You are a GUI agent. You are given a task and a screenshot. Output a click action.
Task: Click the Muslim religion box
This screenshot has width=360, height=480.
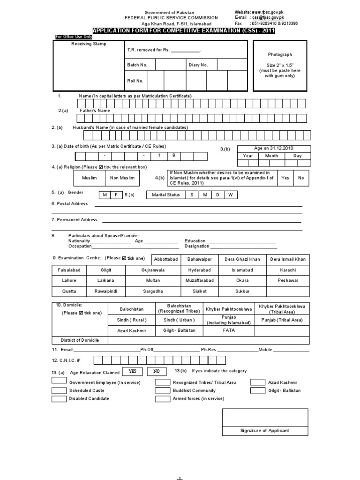(89, 178)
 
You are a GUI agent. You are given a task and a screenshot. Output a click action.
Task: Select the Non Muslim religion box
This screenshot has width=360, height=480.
(122, 178)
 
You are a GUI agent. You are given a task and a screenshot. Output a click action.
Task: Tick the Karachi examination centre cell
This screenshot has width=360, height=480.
(287, 270)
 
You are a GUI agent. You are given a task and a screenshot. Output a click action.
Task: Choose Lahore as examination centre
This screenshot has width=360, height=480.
(68, 280)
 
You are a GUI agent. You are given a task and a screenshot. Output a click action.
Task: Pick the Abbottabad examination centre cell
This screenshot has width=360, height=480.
(163, 260)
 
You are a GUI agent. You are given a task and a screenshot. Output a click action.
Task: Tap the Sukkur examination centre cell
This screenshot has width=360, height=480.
(242, 291)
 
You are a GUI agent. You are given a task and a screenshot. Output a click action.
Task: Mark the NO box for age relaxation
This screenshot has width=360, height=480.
(157, 371)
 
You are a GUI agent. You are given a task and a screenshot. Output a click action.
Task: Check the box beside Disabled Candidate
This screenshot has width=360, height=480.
(59, 399)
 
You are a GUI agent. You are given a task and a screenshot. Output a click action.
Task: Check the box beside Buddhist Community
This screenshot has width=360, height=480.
(162, 390)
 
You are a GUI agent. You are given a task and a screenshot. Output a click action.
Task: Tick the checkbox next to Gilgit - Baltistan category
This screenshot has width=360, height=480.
(257, 390)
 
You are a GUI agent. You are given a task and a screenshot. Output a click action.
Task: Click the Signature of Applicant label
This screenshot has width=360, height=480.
(265, 430)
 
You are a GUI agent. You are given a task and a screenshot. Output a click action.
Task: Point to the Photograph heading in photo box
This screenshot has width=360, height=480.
(280, 54)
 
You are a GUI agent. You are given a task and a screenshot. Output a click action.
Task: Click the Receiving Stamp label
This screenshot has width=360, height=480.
(89, 44)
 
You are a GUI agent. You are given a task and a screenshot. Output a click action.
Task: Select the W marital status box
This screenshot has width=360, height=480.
(230, 195)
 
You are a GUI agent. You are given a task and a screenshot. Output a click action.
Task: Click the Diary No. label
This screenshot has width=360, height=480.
(198, 65)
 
